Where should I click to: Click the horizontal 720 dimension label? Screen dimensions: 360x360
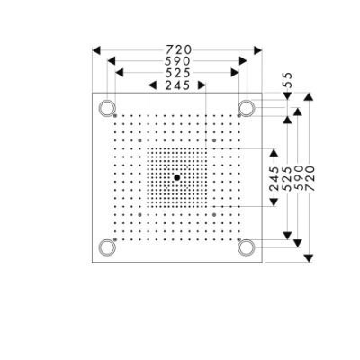tap(179, 49)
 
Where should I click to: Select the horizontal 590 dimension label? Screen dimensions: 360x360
tap(177, 61)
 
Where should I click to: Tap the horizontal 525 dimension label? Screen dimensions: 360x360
tap(177, 73)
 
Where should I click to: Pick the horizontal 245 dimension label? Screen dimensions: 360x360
tap(177, 85)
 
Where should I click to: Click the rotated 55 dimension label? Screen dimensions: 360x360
tap(288, 80)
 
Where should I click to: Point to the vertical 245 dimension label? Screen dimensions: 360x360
tap(274, 179)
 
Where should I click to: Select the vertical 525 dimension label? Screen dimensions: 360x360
tap(288, 179)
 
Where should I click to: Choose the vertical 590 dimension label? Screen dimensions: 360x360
tap(300, 178)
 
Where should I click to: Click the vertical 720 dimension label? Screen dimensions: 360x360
tap(310, 178)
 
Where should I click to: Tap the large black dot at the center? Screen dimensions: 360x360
tap(177, 177)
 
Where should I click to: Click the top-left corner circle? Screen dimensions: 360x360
tap(107, 108)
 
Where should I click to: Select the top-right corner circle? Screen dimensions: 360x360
tap(247, 108)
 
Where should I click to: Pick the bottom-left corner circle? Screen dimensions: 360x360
tap(107, 247)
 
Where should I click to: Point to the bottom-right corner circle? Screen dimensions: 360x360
tap(247, 247)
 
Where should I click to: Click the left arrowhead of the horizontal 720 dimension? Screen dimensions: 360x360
tap(96, 50)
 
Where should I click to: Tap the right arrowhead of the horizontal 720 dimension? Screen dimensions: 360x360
tap(258, 50)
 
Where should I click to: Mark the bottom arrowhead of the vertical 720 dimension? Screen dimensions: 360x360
tap(309, 258)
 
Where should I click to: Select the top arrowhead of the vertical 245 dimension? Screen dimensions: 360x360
tap(274, 153)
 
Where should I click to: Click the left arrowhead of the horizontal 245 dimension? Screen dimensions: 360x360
tap(152, 85)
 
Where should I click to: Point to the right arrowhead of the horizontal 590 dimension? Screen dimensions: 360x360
tap(243, 61)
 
